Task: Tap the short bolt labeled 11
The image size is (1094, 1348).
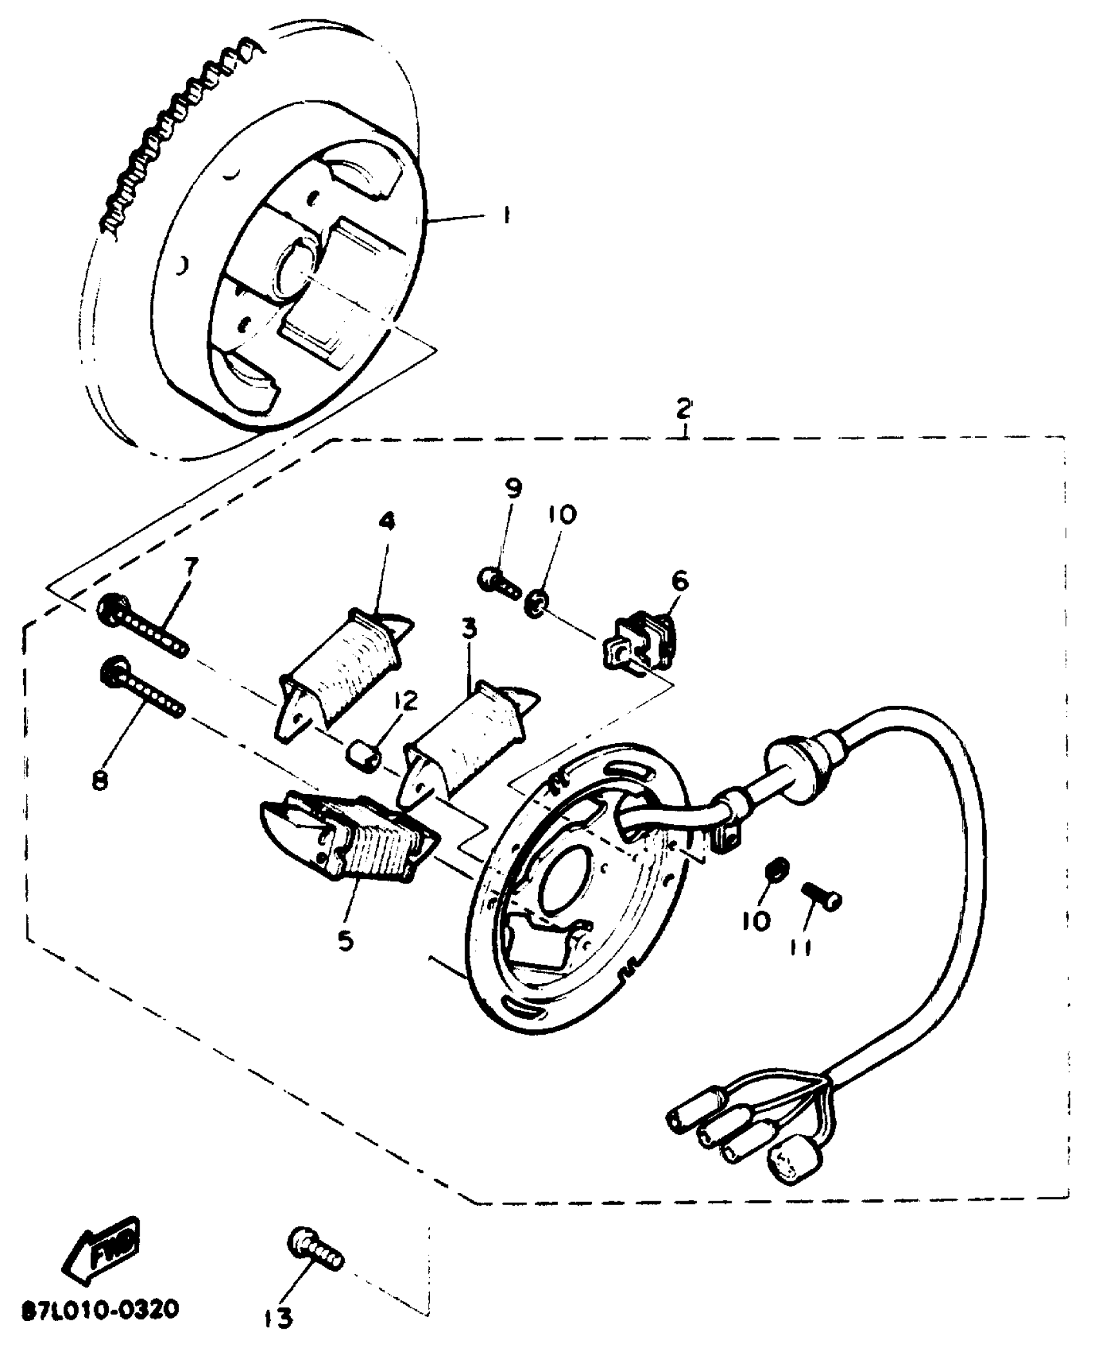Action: pyautogui.click(x=822, y=896)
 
